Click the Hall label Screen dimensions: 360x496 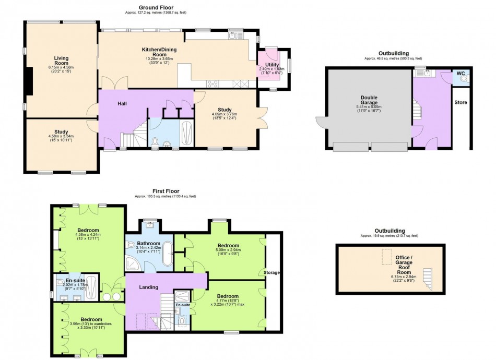[122, 103]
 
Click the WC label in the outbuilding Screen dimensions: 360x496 [460, 73]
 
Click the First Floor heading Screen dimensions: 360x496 [167, 191]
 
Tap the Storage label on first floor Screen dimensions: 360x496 [271, 272]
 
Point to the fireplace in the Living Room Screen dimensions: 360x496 [30, 81]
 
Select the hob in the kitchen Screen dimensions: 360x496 [214, 83]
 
